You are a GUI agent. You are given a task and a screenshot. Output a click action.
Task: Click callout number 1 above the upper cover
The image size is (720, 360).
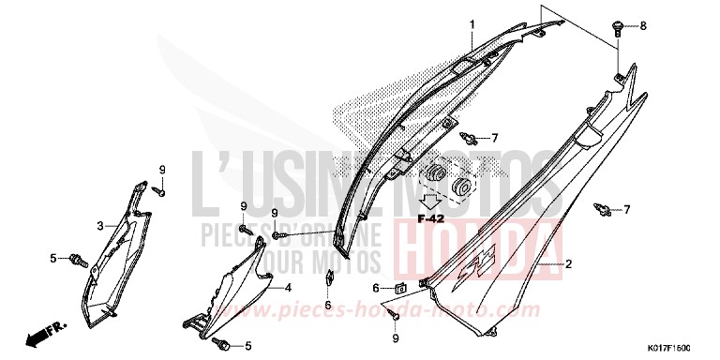(472, 23)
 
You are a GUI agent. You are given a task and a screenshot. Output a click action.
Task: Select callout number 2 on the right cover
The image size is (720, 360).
(567, 264)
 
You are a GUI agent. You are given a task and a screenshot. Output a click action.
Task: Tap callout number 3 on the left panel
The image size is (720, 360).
(100, 226)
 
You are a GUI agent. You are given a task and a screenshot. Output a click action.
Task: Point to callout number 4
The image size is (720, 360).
(288, 287)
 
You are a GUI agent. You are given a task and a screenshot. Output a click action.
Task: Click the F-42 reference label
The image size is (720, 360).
(430, 217)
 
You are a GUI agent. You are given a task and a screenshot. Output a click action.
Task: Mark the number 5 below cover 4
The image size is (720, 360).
(247, 346)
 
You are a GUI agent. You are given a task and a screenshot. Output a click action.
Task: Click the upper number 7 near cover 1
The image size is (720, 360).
(495, 138)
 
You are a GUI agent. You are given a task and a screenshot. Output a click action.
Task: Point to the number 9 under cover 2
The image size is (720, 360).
(396, 337)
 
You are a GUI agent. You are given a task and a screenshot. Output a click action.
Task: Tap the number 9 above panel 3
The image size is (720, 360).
(162, 169)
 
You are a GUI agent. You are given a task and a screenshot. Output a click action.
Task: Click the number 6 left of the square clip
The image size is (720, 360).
(376, 288)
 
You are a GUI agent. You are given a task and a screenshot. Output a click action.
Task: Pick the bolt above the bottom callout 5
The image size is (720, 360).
(226, 345)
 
